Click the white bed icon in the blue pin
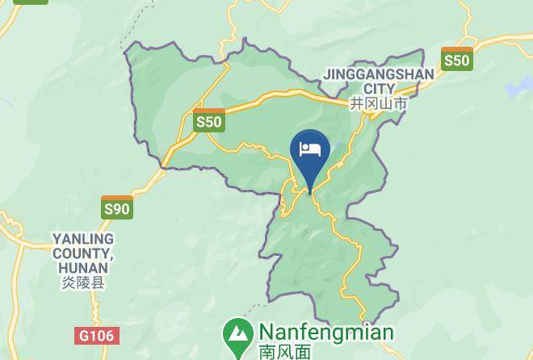[x=310, y=149]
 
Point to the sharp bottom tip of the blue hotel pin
[x=310, y=192]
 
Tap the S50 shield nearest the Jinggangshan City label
[x=456, y=59]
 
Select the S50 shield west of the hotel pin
[x=208, y=121]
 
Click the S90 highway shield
[x=117, y=207]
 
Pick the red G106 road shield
[x=96, y=335]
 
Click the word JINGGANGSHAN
[x=378, y=74]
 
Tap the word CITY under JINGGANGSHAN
[x=379, y=89]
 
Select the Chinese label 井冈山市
[x=378, y=104]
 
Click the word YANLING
[x=83, y=239]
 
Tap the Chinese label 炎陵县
[x=82, y=283]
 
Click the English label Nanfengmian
[x=325, y=333]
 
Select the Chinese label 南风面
[x=285, y=352]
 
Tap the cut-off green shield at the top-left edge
[x=30, y=2]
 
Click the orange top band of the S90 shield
[x=117, y=199]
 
